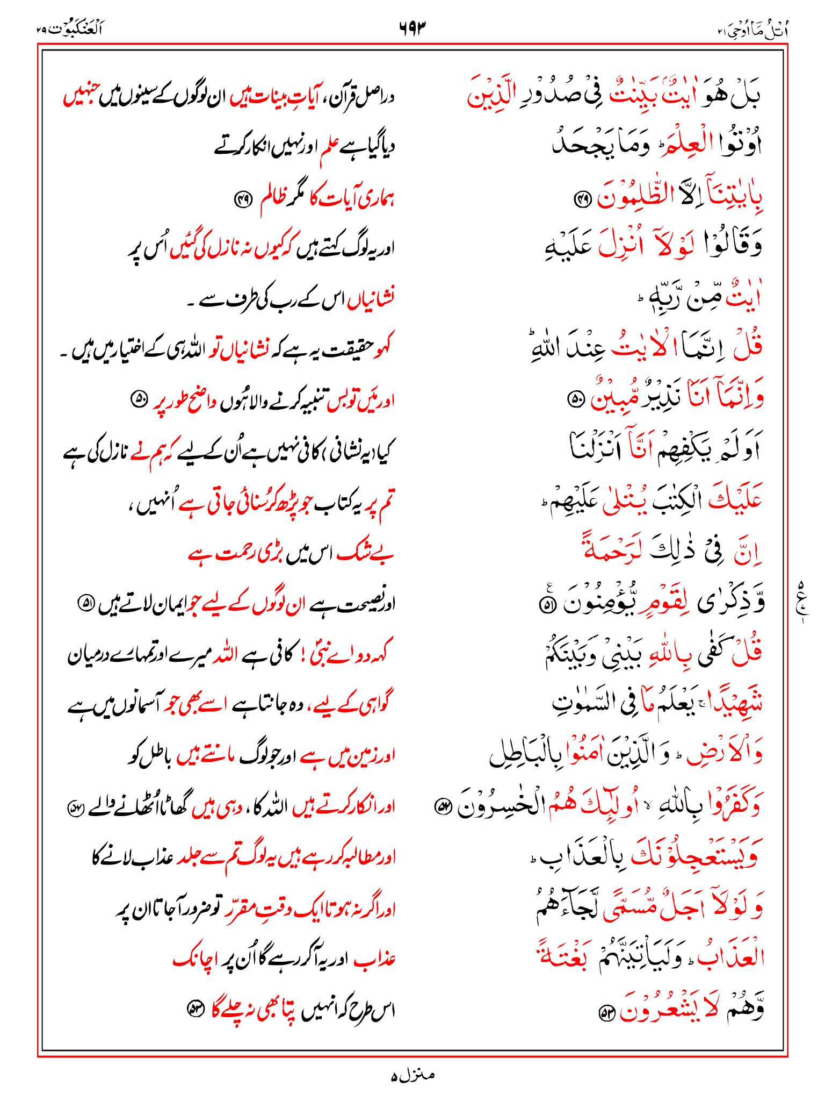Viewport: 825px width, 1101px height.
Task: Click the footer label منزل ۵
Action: [x=412, y=1076]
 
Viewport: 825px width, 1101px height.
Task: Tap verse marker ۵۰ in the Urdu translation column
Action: [x=139, y=399]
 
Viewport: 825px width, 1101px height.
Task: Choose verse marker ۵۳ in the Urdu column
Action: [x=194, y=1009]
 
